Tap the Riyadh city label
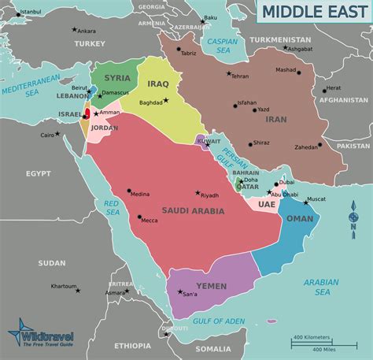[210, 195]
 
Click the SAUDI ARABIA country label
[193, 211]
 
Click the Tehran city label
[239, 76]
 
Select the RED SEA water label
[112, 207]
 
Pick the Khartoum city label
[63, 286]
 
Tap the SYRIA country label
[118, 78]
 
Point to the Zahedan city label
[305, 147]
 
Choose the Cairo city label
[48, 135]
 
